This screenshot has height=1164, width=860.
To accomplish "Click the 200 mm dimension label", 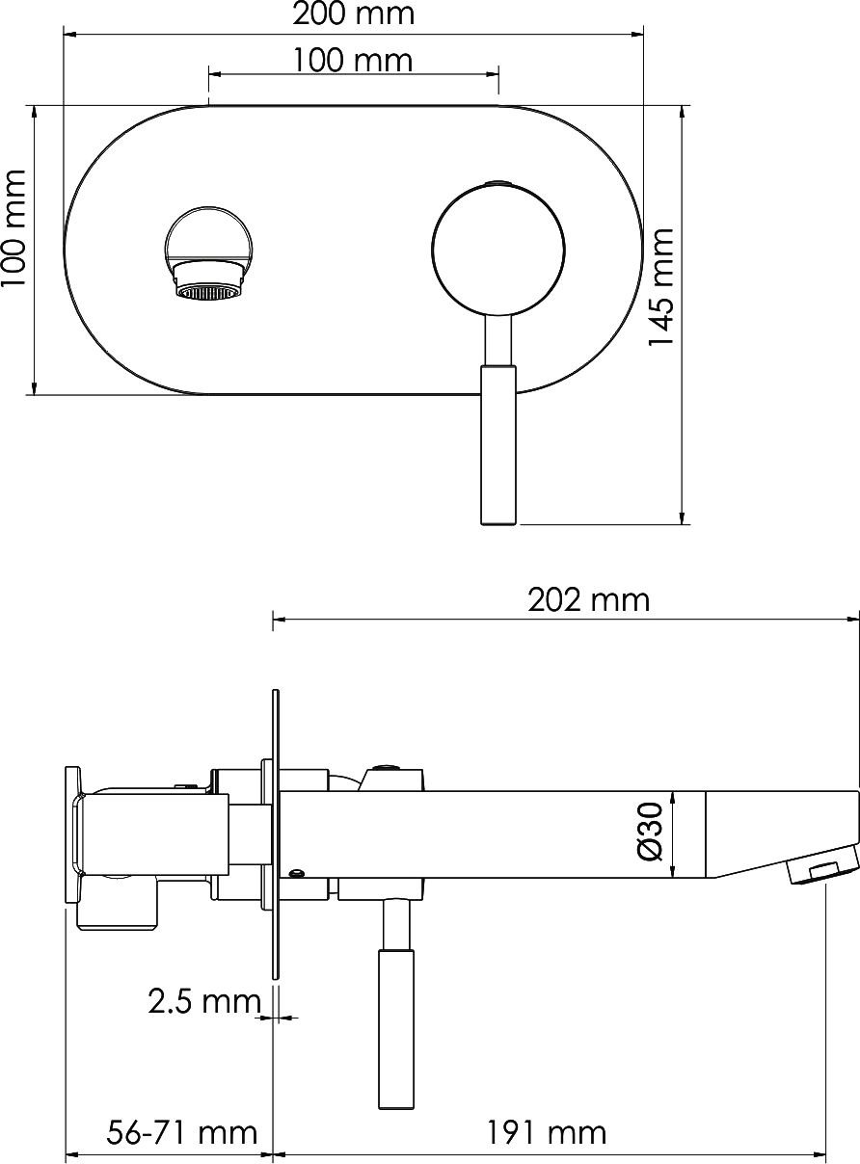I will click(353, 14).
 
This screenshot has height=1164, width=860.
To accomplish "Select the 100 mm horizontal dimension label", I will click(353, 61).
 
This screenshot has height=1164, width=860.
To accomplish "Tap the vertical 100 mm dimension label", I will click(14, 228).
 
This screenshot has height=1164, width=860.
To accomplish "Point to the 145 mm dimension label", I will click(660, 288).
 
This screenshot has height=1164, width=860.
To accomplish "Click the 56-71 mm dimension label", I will click(182, 1131).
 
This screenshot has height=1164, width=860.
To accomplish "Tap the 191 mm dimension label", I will click(546, 1131).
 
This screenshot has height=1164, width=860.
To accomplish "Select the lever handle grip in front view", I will click(498, 444).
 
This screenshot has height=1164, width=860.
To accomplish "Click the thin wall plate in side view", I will click(276, 833).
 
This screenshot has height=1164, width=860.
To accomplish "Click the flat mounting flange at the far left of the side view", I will click(71, 833).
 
